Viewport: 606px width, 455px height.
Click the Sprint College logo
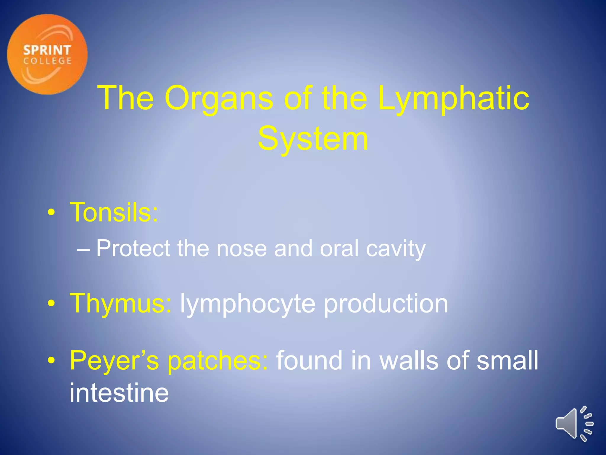tap(47, 55)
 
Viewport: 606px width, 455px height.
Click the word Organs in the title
tap(219, 98)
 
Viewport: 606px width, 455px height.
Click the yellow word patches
tap(218, 361)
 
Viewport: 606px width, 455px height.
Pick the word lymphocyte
tap(247, 304)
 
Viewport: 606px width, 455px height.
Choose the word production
tap(386, 303)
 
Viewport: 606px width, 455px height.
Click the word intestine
tap(119, 393)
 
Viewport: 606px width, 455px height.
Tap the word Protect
tap(133, 248)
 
